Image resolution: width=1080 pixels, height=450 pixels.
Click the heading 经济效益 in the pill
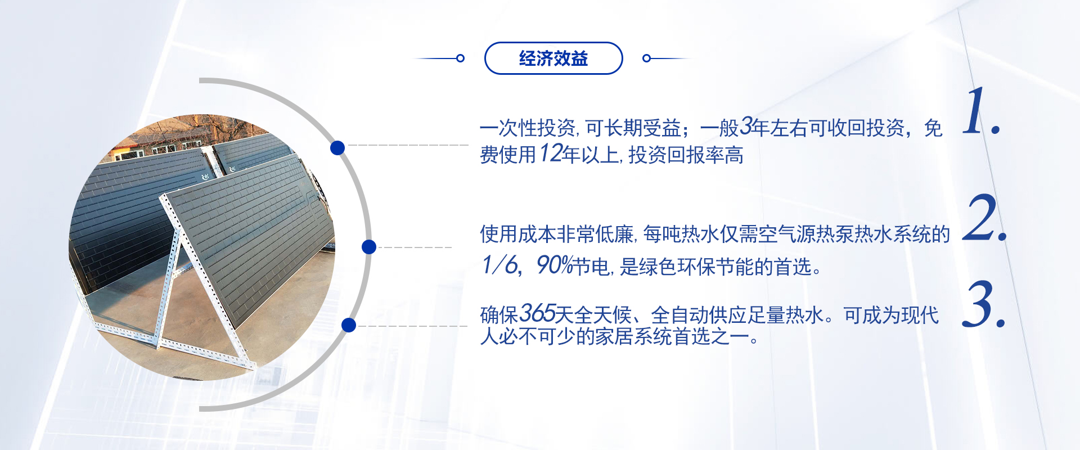click(x=553, y=58)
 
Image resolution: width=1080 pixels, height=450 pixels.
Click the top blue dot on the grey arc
click(x=337, y=147)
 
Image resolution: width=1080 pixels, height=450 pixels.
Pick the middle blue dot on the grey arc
click(x=369, y=246)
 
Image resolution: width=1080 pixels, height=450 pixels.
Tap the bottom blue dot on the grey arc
click(x=349, y=325)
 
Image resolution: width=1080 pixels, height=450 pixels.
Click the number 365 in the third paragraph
click(x=537, y=313)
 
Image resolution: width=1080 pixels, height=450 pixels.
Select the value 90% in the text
click(x=554, y=265)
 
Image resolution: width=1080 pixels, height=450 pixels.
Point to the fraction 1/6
click(x=499, y=265)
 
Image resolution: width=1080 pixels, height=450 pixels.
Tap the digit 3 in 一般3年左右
click(x=746, y=127)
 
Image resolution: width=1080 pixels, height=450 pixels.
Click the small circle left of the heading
click(x=460, y=58)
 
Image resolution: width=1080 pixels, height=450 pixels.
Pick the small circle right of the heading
click(x=646, y=58)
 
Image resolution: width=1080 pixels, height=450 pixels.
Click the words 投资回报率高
click(x=686, y=155)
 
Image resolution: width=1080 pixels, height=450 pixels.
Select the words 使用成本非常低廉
click(x=557, y=234)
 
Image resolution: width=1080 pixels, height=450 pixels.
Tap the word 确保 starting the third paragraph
click(x=499, y=315)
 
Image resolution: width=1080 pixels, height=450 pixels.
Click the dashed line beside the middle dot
click(x=415, y=247)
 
